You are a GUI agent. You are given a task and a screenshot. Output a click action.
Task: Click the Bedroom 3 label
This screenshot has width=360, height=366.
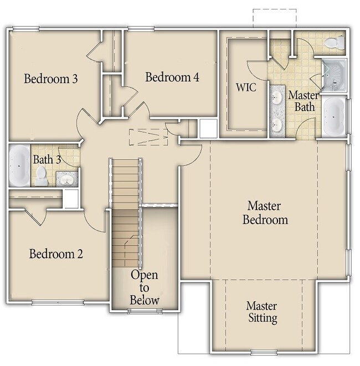(x=50, y=79)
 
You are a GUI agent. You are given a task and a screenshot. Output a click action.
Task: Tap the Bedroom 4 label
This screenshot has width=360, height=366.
(x=172, y=77)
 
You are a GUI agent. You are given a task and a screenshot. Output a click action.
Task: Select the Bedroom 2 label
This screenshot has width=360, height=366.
(x=56, y=254)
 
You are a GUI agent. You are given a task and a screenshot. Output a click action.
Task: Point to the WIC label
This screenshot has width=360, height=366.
(x=246, y=87)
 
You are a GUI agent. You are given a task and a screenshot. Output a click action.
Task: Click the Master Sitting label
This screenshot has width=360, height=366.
(x=262, y=312)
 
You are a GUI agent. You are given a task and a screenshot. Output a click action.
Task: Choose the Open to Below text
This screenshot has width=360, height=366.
(x=145, y=287)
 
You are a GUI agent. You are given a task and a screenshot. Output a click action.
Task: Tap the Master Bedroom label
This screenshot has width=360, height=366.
(x=265, y=213)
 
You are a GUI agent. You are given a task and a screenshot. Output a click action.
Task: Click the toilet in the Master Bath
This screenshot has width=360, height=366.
(x=335, y=43)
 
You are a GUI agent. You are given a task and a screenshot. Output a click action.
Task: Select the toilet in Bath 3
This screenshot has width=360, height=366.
(x=42, y=176)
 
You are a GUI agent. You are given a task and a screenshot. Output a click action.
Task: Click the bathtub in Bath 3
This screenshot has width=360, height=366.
(x=19, y=165)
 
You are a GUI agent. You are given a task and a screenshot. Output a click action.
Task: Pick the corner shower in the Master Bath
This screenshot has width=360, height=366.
(x=333, y=75)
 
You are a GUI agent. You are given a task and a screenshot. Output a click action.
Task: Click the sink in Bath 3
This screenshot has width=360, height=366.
(x=67, y=180)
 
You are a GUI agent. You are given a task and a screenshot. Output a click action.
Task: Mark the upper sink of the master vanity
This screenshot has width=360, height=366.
(x=277, y=96)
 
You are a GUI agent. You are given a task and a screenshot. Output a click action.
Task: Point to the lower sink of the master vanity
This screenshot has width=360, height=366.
(x=277, y=125)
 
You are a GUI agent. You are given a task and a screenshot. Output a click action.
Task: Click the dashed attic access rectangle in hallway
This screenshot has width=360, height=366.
(x=149, y=137)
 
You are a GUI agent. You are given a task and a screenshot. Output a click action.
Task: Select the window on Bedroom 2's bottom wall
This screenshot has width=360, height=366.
(x=58, y=303)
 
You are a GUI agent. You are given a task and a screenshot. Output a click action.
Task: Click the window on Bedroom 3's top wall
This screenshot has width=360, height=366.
(x=26, y=29)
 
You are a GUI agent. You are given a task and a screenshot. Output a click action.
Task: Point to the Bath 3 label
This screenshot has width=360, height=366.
(x=47, y=159)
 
